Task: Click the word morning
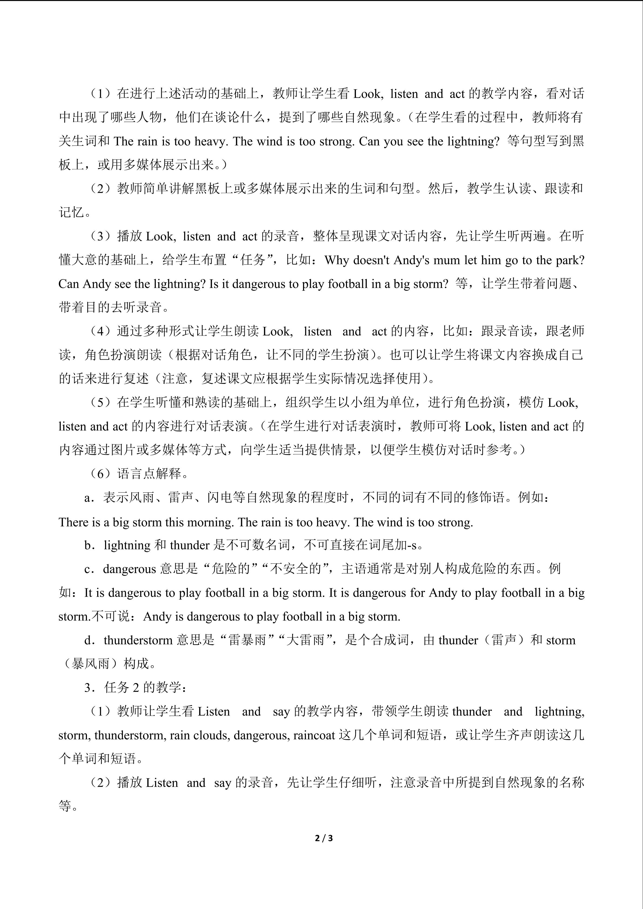pyautogui.click(x=210, y=522)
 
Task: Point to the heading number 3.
pyautogui.click(x=88, y=688)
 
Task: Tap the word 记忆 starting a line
pyautogui.click(x=72, y=212)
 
